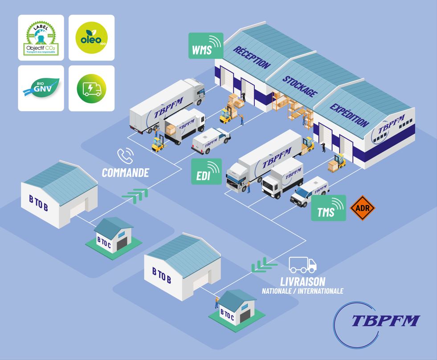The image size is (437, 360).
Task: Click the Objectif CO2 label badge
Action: click(x=41, y=38)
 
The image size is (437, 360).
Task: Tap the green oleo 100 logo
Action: click(x=92, y=38)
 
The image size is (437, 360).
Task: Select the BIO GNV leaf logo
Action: click(x=41, y=88)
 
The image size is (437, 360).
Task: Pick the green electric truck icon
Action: click(x=92, y=88)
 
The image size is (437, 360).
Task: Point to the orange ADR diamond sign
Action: click(x=363, y=207)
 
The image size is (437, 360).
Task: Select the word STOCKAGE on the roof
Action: click(x=300, y=85)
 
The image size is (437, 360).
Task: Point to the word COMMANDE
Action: click(x=125, y=173)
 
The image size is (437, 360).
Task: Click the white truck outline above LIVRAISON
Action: click(x=303, y=265)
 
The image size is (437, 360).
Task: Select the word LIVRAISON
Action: click(x=302, y=281)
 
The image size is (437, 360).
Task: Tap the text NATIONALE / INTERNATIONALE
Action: click(x=302, y=291)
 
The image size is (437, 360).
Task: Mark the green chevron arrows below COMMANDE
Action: click(x=135, y=194)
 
